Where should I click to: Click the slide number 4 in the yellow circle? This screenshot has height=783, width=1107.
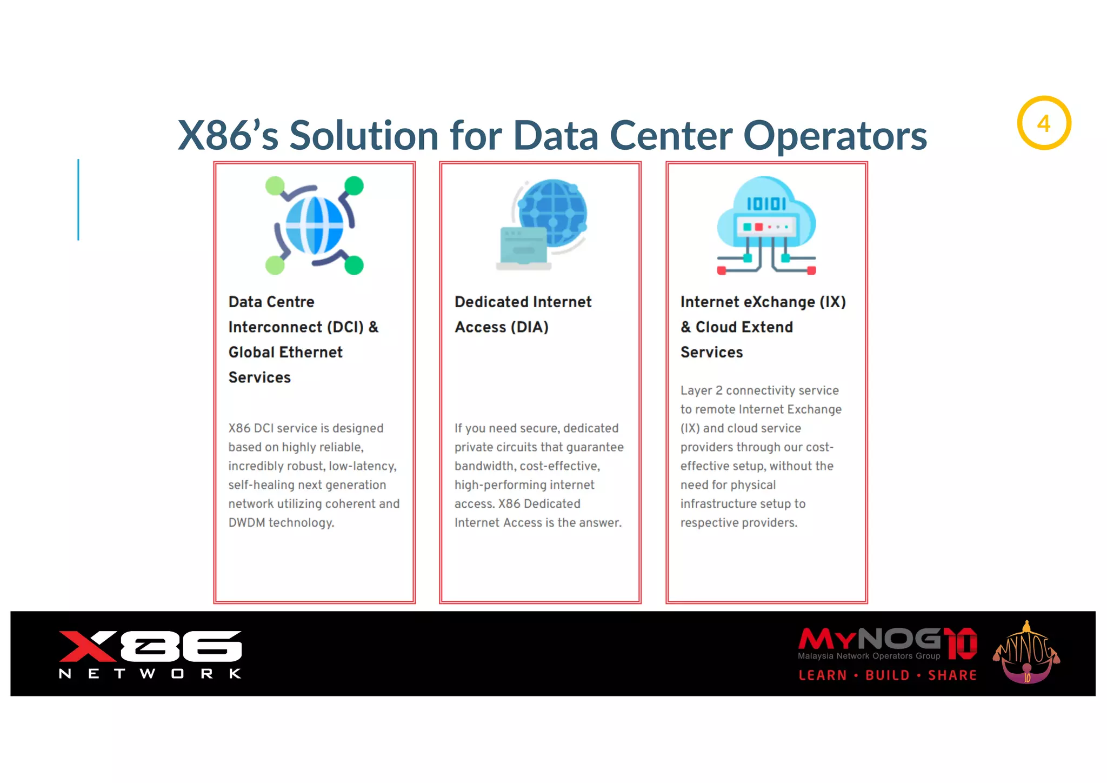[1044, 124]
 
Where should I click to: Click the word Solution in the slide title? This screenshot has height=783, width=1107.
[364, 135]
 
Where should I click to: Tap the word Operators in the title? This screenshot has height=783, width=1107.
[835, 135]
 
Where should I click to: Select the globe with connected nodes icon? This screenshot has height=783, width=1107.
[315, 225]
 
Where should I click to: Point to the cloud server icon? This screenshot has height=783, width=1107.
[766, 225]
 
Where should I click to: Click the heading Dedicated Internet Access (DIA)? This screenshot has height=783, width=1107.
[523, 314]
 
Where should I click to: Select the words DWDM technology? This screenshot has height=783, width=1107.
[281, 523]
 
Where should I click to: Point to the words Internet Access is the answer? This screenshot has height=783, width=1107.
[538, 523]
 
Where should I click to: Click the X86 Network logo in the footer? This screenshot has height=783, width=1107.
[150, 654]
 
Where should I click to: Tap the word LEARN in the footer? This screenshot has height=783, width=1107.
[823, 675]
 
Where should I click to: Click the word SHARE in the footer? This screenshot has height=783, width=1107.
[952, 675]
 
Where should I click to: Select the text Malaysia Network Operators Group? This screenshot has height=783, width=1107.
[869, 656]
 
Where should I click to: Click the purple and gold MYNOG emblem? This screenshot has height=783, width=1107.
[1026, 653]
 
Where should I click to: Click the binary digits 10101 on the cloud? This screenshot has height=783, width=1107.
[766, 204]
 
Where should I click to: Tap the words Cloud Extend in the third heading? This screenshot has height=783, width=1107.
[744, 327]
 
